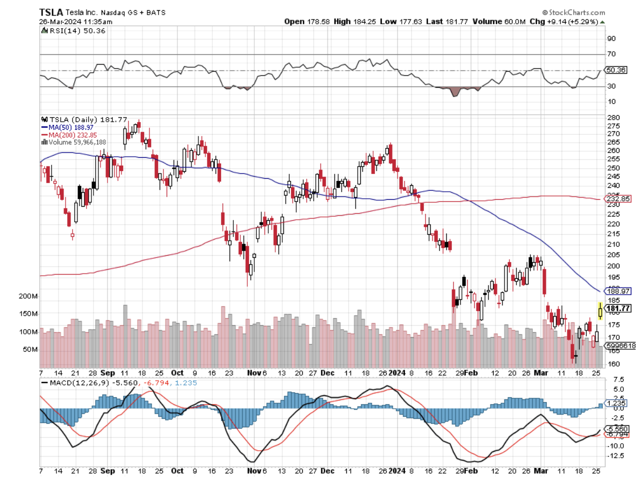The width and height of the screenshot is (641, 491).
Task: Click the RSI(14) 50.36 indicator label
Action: [72, 31]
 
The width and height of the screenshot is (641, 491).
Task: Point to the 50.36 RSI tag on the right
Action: [615, 70]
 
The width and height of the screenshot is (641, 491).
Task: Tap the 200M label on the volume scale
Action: [27, 297]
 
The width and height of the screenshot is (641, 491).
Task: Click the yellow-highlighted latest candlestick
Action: [600, 311]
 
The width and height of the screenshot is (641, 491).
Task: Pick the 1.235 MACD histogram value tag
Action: [615, 403]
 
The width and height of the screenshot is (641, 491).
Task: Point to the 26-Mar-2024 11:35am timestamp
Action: [76, 22]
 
